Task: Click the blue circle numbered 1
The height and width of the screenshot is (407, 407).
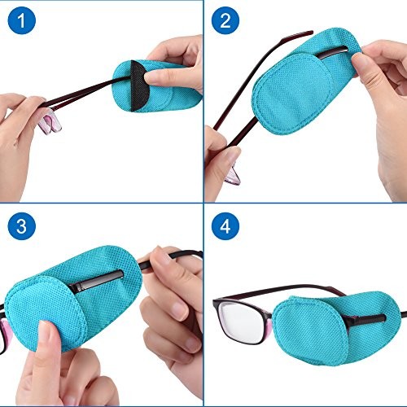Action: click(22, 20)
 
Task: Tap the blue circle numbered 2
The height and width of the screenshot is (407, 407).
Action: click(225, 20)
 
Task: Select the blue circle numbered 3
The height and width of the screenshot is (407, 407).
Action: click(22, 225)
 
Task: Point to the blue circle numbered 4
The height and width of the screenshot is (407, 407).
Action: click(225, 225)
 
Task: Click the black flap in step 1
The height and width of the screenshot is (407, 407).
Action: click(139, 85)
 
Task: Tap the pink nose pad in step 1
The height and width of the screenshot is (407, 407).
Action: click(50, 124)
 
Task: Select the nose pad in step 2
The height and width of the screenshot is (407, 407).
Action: click(233, 175)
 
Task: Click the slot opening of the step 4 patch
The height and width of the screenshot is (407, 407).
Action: click(366, 318)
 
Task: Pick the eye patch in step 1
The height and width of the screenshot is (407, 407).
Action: click(156, 86)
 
